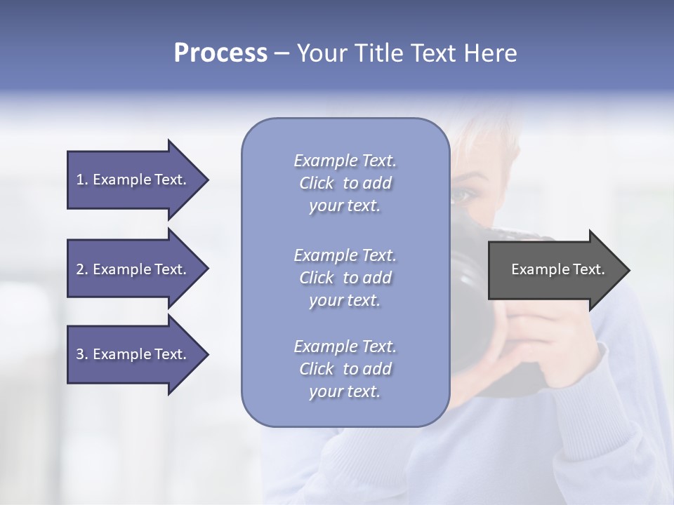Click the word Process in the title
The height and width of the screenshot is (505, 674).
(220, 53)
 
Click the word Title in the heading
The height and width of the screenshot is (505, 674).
(376, 53)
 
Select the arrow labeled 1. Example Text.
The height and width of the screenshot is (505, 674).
(133, 180)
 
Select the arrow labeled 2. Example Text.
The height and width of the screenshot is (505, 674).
(133, 269)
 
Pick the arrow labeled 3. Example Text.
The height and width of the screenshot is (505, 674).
(133, 354)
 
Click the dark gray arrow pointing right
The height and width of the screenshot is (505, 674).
(555, 270)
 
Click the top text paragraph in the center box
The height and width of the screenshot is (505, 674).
(345, 183)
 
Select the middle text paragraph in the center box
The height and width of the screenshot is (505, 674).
(345, 277)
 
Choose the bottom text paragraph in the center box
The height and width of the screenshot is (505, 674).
(345, 369)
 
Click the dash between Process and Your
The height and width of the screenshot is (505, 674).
(282, 53)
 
